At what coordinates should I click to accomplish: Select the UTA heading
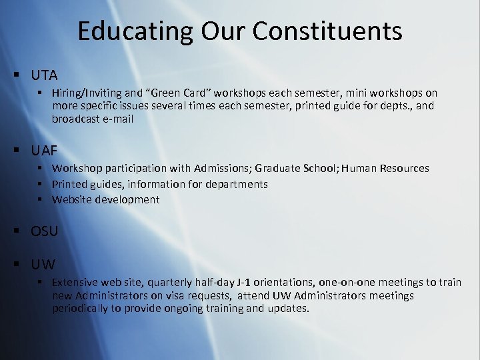coord(45,75)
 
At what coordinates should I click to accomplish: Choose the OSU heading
coord(45,231)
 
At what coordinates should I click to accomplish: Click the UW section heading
coord(43,263)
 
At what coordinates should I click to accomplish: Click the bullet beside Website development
coord(41,199)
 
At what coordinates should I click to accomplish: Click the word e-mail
coord(118,119)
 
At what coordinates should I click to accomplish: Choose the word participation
coord(137,168)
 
